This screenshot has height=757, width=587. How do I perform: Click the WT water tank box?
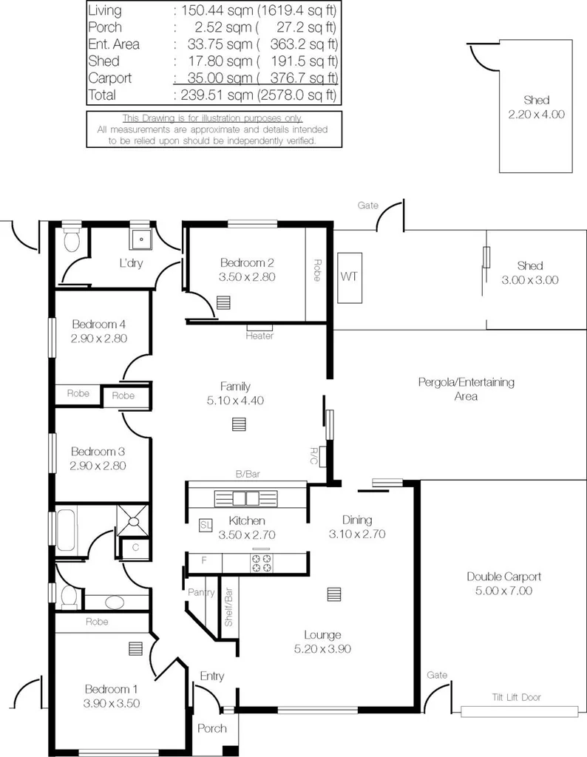pos(348,276)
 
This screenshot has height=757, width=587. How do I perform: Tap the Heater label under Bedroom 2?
pos(259,336)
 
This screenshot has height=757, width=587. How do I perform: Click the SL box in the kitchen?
pos(206,525)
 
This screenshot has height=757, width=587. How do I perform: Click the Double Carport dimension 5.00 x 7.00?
pos(504,591)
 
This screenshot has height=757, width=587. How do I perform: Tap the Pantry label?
pos(200,592)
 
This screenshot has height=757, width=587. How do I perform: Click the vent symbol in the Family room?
pos(238,424)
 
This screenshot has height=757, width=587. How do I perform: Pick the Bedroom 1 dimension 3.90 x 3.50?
pos(112,703)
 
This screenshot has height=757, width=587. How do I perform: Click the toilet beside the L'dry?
pos(70,240)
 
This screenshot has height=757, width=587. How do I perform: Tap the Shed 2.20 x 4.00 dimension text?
pos(536,115)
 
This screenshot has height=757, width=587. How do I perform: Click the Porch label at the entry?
pos(211,728)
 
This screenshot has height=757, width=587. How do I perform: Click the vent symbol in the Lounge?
pos(334,594)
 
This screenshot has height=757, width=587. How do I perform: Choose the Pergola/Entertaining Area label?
pos(465,389)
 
